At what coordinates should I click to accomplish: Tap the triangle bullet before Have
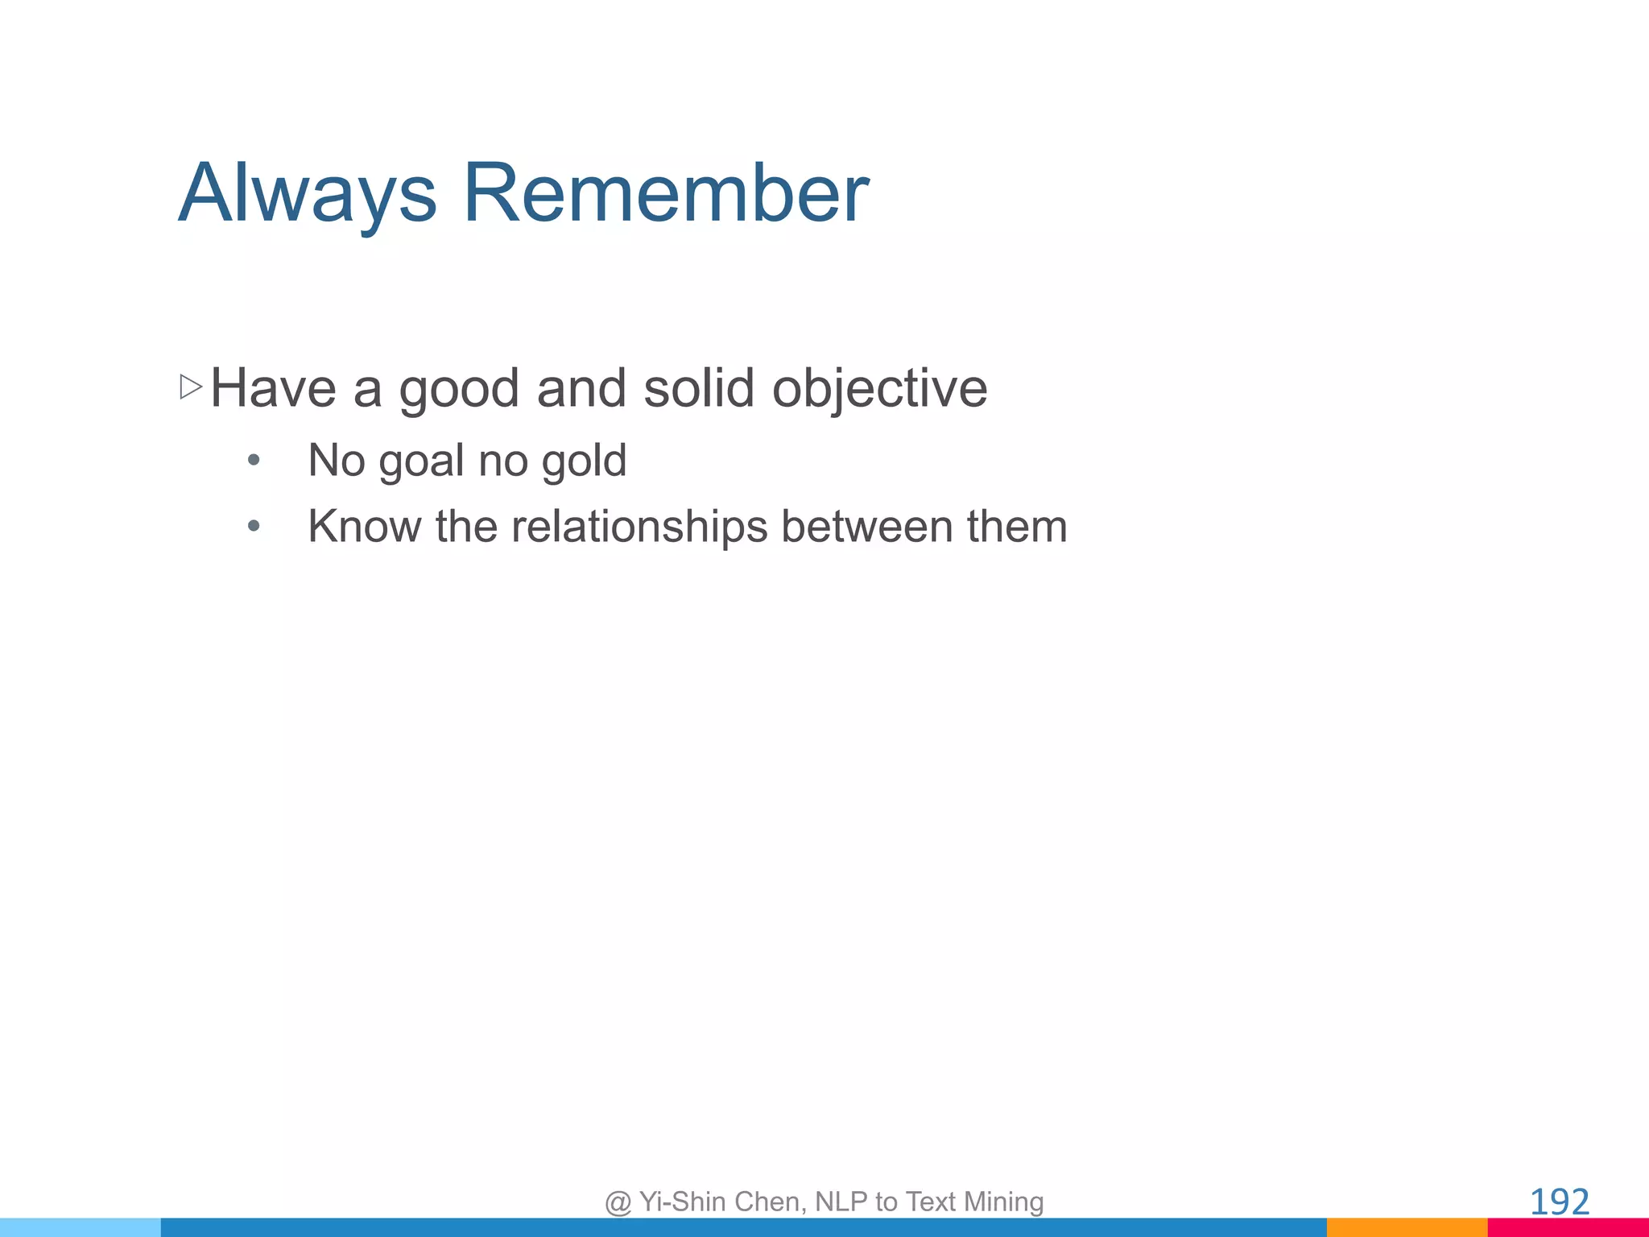[x=191, y=387]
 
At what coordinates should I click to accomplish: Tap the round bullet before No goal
[x=254, y=461]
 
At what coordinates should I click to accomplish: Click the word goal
[x=422, y=462]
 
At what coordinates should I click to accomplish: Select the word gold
[x=584, y=461]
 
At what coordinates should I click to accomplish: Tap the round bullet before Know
[x=254, y=527]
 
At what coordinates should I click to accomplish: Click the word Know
[x=364, y=527]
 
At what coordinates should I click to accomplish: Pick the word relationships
[x=639, y=528]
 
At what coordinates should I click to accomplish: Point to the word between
[x=867, y=527]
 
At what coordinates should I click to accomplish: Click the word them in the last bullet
[x=1017, y=527]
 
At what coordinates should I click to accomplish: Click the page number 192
[x=1559, y=1202]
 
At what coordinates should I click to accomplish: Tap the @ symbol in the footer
[x=618, y=1202]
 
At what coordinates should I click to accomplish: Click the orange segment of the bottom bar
[x=1407, y=1227]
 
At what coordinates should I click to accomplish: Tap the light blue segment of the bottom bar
[x=81, y=1227]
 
